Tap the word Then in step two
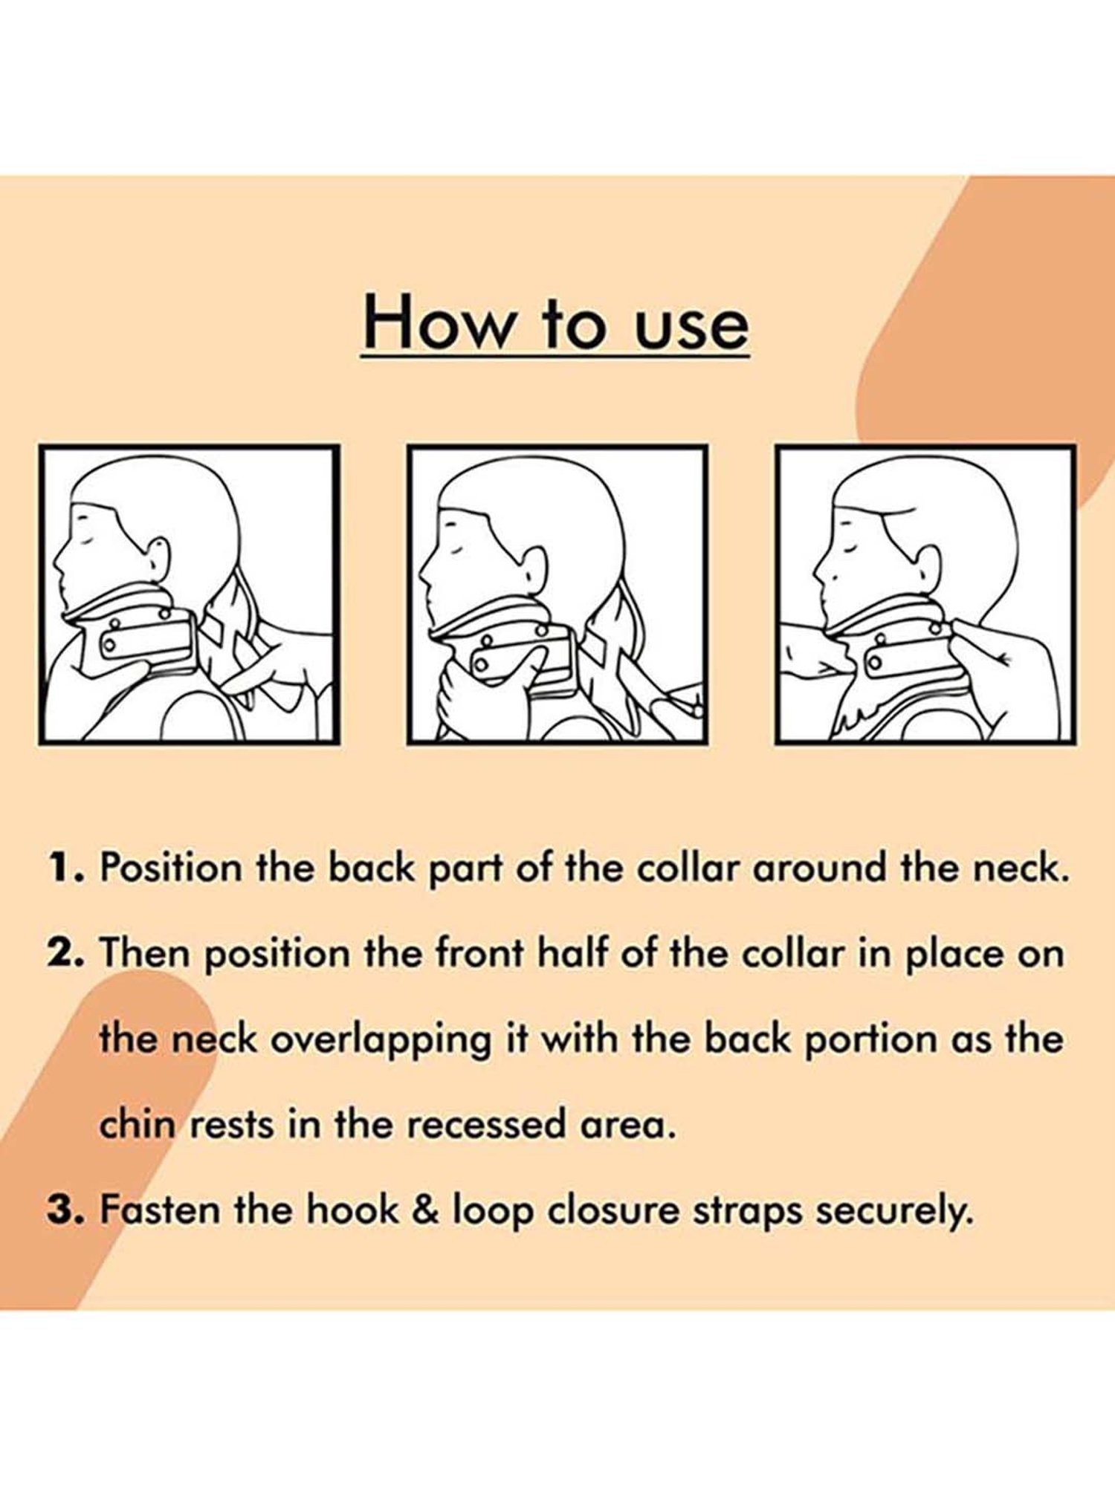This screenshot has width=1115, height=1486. [146, 953]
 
